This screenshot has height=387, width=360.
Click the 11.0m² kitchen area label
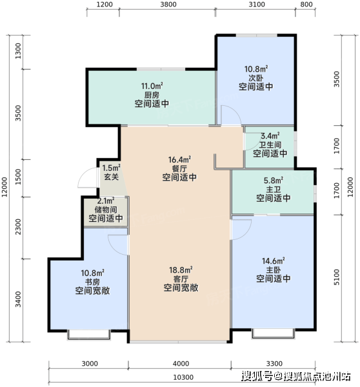152,86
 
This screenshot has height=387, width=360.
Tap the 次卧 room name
255,78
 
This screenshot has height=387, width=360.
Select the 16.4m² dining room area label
179,160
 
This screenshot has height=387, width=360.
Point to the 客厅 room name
181,279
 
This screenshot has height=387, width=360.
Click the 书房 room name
93,282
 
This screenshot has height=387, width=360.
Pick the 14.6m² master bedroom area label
274,261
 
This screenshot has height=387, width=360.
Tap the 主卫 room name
274,189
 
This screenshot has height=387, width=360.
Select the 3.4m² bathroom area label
270,135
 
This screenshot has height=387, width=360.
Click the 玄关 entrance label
112,177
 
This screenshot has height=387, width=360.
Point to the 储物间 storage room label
106,210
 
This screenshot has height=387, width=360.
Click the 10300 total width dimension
183,377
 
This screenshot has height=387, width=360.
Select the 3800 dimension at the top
168,5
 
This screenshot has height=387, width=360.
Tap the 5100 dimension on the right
337,277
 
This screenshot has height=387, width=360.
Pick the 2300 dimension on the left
18,226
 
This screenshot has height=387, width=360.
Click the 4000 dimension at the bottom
181,364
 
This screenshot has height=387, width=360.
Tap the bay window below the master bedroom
273,333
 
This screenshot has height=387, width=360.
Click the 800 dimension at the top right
306,5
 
